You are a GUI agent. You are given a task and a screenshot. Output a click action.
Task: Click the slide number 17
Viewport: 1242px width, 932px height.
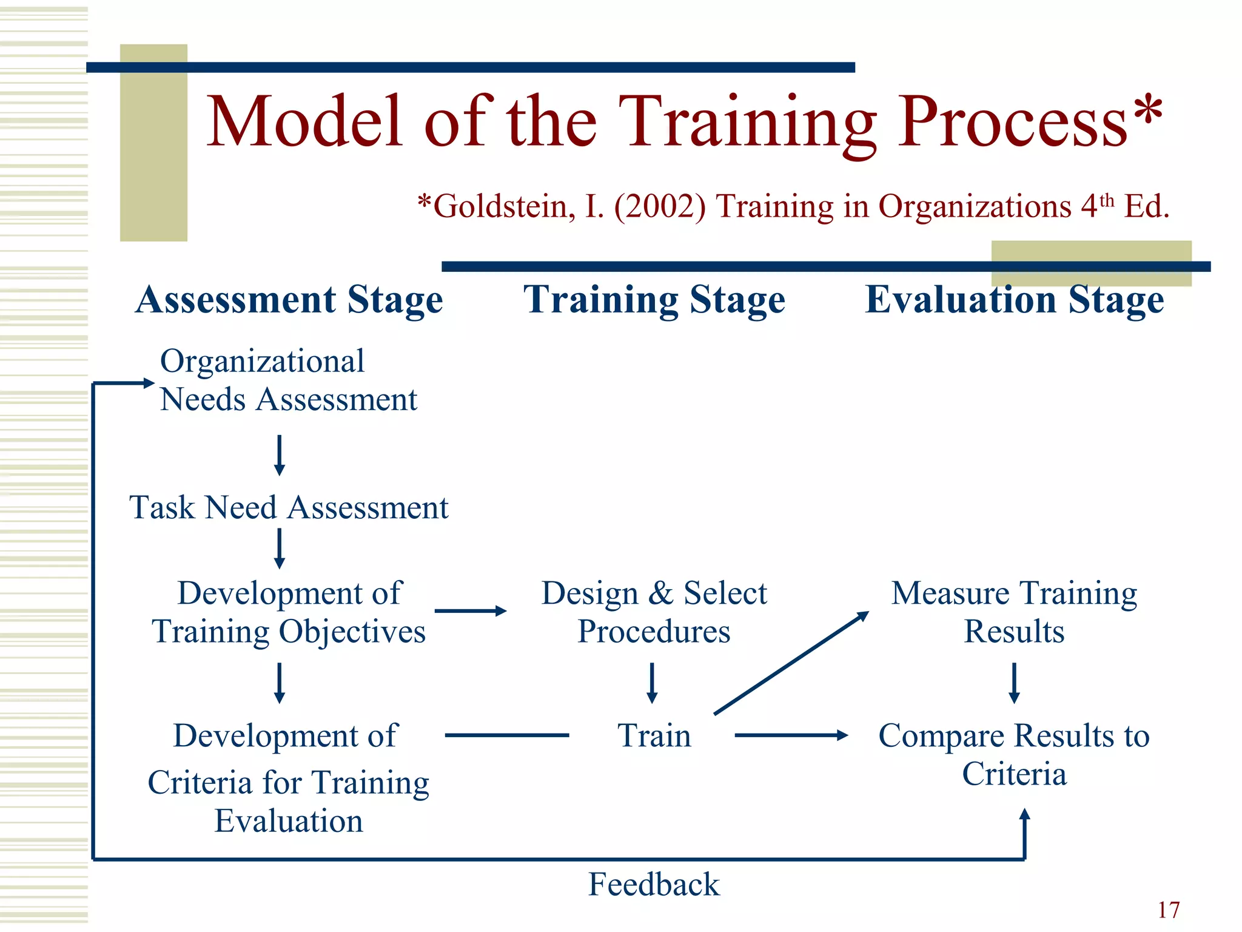[x=1169, y=910]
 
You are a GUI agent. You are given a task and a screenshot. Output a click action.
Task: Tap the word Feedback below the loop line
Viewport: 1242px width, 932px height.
[x=654, y=884]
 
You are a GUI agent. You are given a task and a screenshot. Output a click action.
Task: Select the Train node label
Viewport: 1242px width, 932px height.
[x=654, y=735]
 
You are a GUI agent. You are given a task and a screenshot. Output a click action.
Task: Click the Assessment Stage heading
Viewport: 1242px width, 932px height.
[x=289, y=300]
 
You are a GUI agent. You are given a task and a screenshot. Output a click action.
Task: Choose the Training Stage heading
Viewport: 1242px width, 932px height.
[x=654, y=300]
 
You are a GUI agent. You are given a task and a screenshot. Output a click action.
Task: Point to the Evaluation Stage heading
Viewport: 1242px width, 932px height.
[x=1014, y=300]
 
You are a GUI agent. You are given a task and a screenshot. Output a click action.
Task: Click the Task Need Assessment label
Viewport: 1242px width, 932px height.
[x=289, y=507]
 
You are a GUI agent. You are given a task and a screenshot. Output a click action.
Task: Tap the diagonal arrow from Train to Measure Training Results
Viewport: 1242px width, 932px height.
[x=791, y=663]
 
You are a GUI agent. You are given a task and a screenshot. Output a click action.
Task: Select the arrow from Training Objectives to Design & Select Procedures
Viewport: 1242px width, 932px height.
[x=470, y=611]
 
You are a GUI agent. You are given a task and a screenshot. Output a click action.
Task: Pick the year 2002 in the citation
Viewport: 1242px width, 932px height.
[x=660, y=206]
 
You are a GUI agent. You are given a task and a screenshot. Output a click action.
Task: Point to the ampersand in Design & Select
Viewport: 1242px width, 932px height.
[x=660, y=593]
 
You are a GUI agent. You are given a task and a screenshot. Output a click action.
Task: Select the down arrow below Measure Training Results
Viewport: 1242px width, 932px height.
[x=1014, y=683]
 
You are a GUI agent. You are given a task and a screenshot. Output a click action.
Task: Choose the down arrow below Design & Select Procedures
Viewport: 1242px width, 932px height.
[x=652, y=683]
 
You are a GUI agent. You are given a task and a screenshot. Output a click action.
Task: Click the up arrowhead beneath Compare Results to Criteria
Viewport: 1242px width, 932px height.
[x=1024, y=816]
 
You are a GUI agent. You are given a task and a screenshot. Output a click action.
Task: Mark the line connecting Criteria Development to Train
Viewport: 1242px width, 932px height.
[x=507, y=735]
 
